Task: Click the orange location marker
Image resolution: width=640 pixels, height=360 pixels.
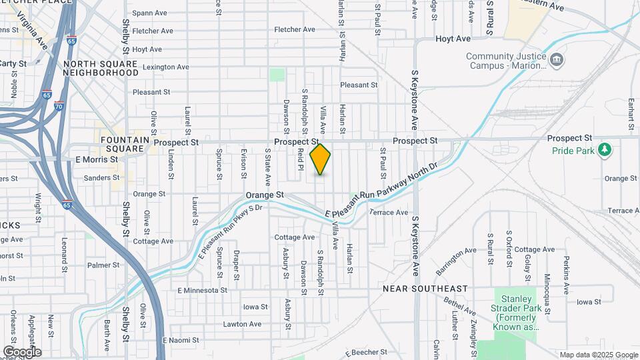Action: pos(320,159)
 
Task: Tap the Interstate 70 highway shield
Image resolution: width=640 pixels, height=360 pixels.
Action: pos(59,106)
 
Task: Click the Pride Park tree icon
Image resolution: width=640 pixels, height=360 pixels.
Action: pos(605,149)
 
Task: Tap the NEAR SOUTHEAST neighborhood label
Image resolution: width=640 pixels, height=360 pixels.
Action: pos(425,289)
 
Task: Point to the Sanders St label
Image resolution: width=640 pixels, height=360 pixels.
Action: pos(102,178)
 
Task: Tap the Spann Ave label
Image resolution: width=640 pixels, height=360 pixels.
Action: pos(149,13)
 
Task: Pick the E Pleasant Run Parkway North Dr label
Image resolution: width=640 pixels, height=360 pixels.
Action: pos(381,190)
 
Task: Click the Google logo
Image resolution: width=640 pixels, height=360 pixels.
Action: pos(22,352)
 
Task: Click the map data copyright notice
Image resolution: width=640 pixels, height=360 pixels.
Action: pos(598,355)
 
